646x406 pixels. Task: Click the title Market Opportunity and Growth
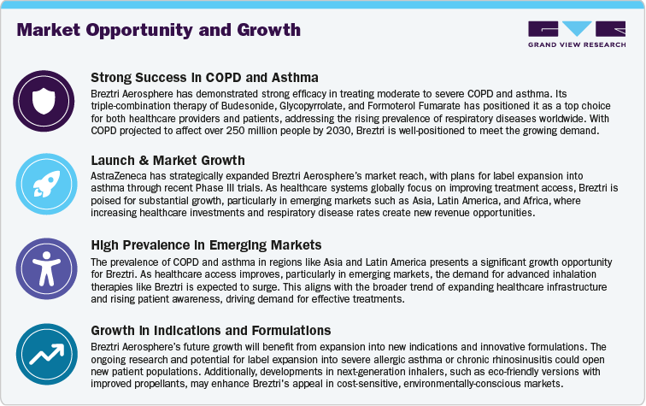159,31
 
